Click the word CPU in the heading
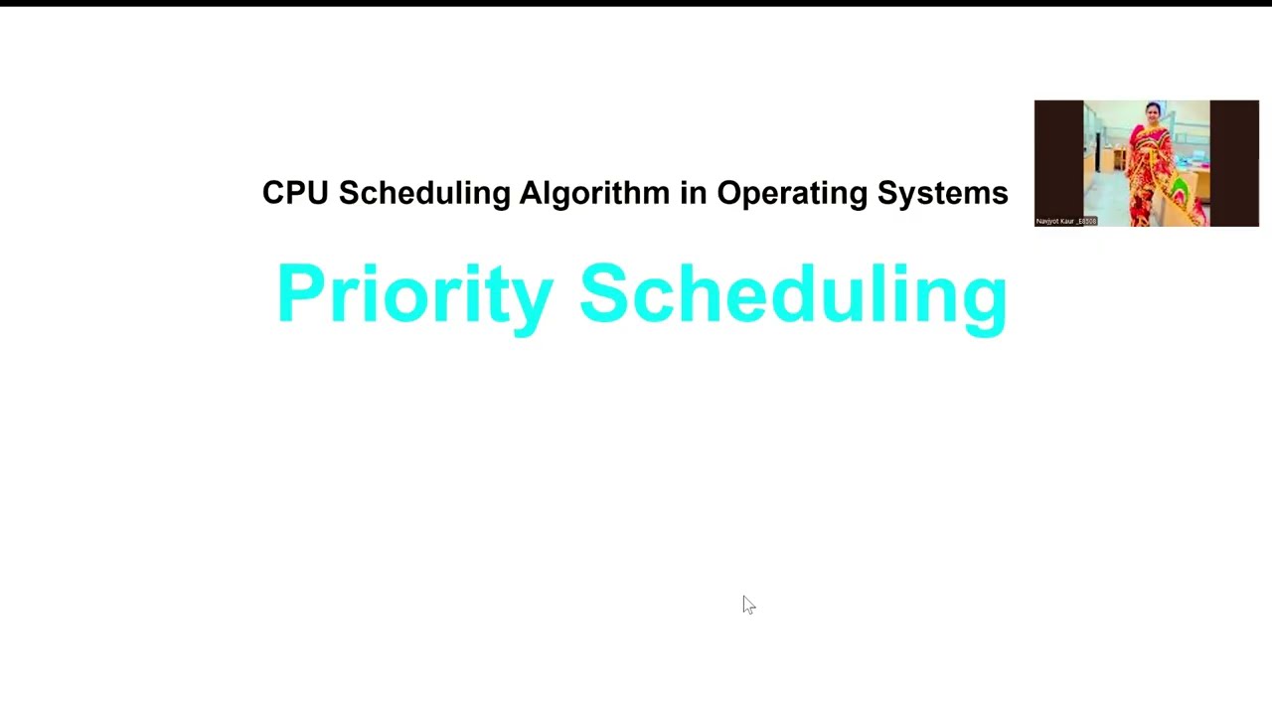pyautogui.click(x=294, y=193)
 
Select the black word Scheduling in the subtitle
pyautogui.click(x=424, y=193)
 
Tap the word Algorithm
pyautogui.click(x=593, y=193)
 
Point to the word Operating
pyautogui.click(x=792, y=193)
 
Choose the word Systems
pyautogui.click(x=942, y=193)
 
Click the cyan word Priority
pyautogui.click(x=414, y=294)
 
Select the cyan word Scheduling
pyautogui.click(x=793, y=294)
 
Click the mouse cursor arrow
pyautogui.click(x=747, y=604)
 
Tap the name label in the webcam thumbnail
pyautogui.click(x=1066, y=221)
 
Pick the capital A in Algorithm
pyautogui.click(x=532, y=193)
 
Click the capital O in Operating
pyautogui.click(x=731, y=193)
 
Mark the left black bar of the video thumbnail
pyautogui.click(x=1058, y=159)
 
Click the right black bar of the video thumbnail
pyautogui.click(x=1234, y=159)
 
